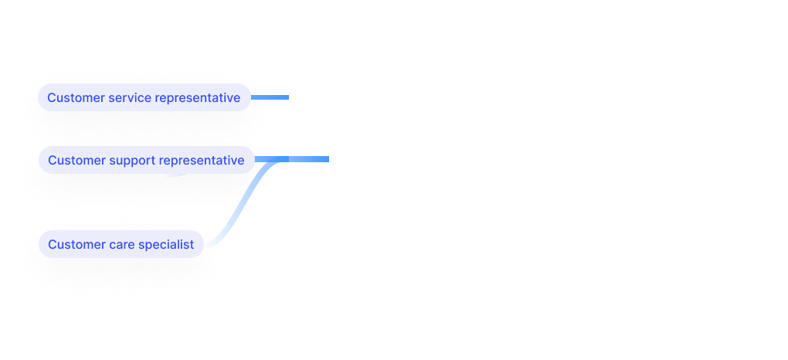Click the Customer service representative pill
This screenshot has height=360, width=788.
coord(144,97)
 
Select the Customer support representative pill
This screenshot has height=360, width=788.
coord(146,160)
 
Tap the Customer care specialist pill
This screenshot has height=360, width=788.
coord(121,245)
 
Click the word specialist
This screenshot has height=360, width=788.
coord(167,245)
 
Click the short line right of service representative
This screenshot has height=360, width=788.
coord(270,97)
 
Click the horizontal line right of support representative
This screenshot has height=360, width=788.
coord(301,159)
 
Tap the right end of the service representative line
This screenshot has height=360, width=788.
coord(287,97)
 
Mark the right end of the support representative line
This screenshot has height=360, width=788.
coord(328,159)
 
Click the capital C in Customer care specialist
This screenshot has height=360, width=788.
coord(52,245)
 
